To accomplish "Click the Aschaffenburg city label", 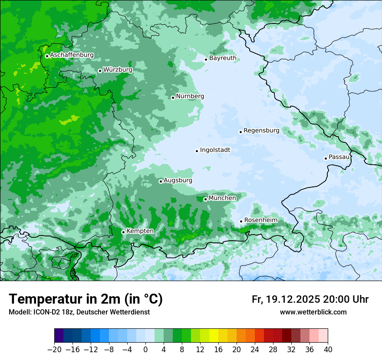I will pyautogui.click(x=72, y=55).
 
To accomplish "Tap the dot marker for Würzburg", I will pyautogui.click(x=100, y=71).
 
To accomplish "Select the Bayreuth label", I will pyautogui.click(x=223, y=58).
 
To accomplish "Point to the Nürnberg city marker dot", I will pyautogui.click(x=173, y=98).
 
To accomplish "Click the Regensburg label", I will pyautogui.click(x=261, y=131).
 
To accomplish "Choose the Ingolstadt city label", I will pyautogui.click(x=215, y=150).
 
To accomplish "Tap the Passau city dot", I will pyautogui.click(x=326, y=158).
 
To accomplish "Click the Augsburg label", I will pyautogui.click(x=178, y=180).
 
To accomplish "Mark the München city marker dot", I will pyautogui.click(x=205, y=200).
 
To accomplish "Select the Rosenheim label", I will pyautogui.click(x=260, y=220).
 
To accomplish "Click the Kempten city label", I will pyautogui.click(x=140, y=231).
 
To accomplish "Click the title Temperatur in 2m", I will pyautogui.click(x=86, y=299).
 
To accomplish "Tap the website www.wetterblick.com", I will pyautogui.click(x=313, y=312).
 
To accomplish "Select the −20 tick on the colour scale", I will pyautogui.click(x=54, y=350).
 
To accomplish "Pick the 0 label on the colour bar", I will pyautogui.click(x=145, y=350).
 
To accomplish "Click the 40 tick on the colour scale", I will pyautogui.click(x=328, y=350).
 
